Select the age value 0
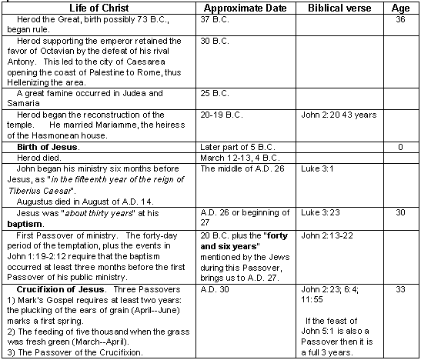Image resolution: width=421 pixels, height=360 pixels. point(400,145)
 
